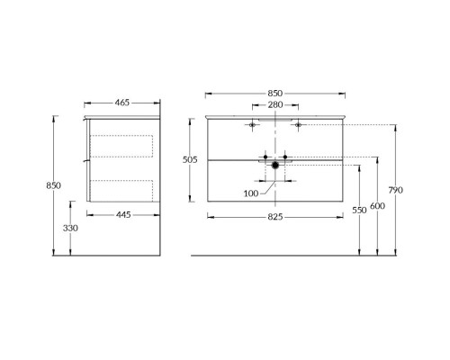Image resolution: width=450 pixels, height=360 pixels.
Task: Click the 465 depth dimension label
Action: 122,103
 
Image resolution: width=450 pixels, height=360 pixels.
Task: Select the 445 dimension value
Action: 123,215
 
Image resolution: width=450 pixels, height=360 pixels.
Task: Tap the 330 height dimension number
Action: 70,229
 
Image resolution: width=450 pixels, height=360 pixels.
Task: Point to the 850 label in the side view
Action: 53,185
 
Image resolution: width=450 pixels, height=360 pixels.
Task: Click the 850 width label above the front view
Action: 275,94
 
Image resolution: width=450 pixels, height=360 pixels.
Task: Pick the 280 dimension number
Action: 275,104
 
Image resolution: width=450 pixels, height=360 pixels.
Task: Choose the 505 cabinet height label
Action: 190,160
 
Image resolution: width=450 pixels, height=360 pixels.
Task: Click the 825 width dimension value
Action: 275,217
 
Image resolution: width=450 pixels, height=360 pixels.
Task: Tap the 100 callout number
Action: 251,193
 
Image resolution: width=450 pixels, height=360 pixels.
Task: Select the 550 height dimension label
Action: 359,211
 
